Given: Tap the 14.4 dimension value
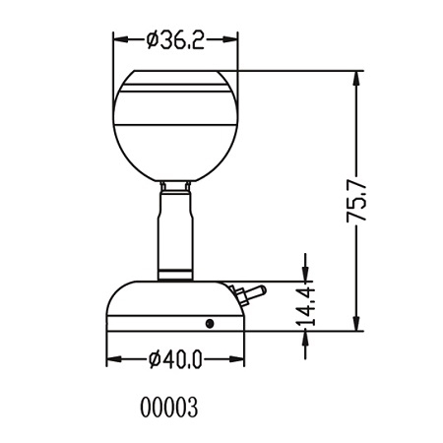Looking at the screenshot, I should [306, 306].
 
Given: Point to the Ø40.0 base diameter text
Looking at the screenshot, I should [176, 359].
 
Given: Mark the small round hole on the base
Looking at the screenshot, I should [210, 322].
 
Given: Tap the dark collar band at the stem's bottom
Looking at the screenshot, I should [176, 271].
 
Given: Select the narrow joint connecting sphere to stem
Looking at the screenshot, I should [176, 187].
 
